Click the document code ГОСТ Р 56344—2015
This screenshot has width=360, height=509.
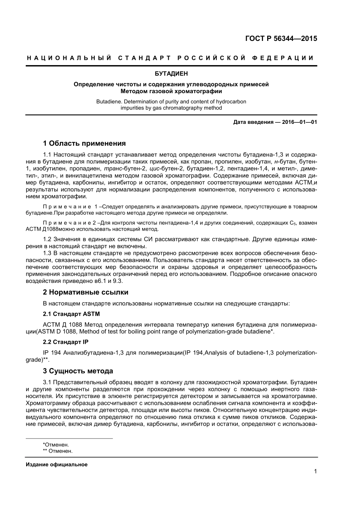(x=281, y=38)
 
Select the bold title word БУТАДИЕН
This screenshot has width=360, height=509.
(x=171, y=73)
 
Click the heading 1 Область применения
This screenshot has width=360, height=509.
(x=84, y=143)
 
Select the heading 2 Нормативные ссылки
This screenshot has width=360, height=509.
(x=86, y=292)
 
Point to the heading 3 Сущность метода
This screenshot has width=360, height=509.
(x=78, y=371)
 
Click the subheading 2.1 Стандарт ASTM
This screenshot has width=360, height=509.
(x=71, y=314)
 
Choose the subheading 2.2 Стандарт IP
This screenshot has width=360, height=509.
(x=66, y=342)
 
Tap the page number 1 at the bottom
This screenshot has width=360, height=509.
(x=315, y=471)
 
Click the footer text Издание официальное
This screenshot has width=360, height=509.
(x=56, y=464)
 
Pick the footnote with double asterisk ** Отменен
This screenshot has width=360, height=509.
(x=58, y=451)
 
